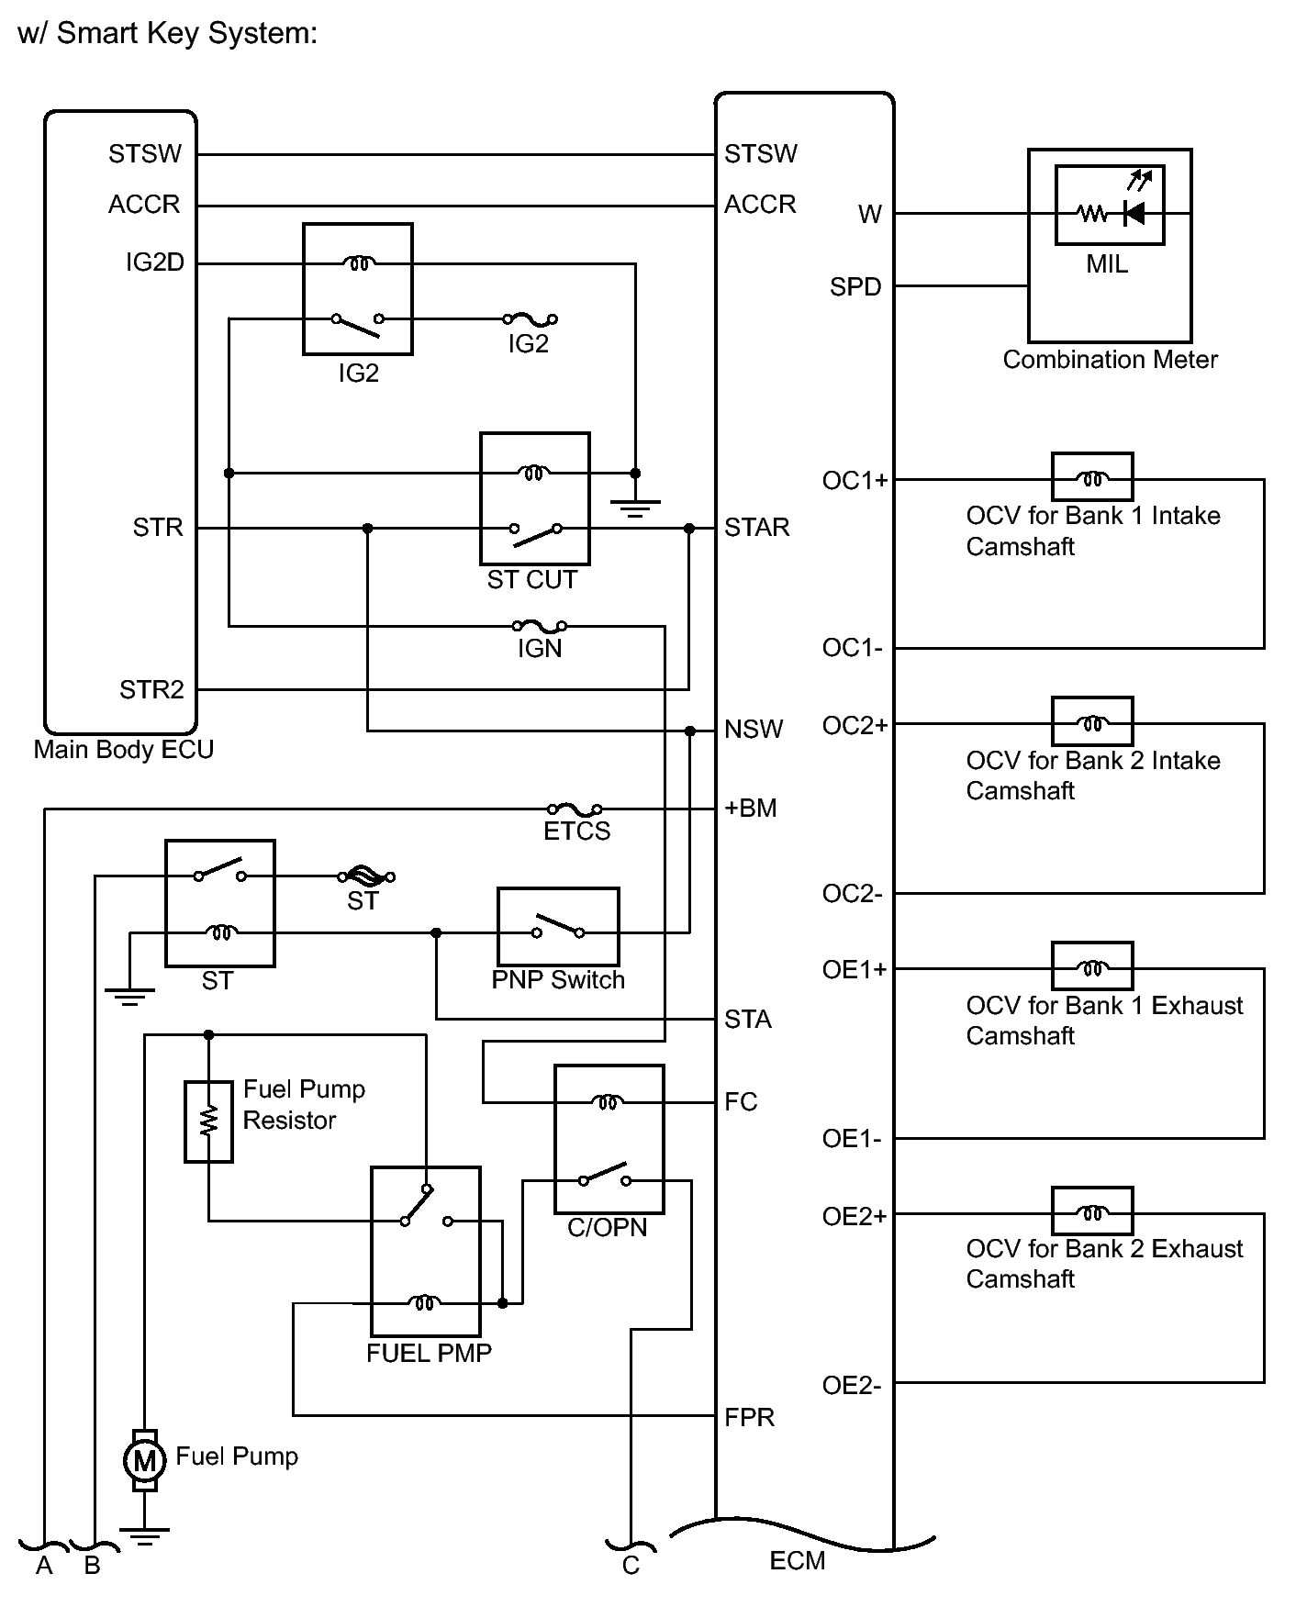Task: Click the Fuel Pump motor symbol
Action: (144, 1459)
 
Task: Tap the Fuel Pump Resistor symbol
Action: (208, 1121)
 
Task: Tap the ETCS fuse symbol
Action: (575, 809)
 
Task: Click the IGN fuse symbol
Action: (540, 627)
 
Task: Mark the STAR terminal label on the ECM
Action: (757, 528)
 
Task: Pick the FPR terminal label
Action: (749, 1418)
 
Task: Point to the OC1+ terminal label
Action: (855, 480)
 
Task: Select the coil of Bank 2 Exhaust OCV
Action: (1092, 1213)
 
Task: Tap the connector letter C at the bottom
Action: (631, 1566)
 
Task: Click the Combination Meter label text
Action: (1110, 360)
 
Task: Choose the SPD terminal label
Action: (855, 287)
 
